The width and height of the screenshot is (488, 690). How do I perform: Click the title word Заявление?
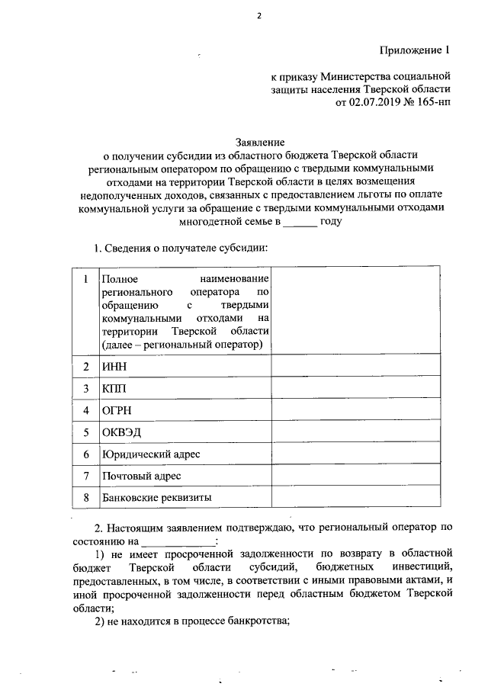click(x=260, y=142)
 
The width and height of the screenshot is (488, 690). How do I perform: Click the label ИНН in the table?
click(x=114, y=367)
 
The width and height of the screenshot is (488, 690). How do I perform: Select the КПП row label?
click(x=114, y=389)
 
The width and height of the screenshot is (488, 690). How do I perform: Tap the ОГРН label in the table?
click(x=117, y=411)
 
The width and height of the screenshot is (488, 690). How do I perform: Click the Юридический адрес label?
click(x=150, y=454)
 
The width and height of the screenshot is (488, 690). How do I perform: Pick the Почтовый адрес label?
click(x=141, y=477)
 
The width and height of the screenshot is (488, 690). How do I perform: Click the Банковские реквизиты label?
click(x=156, y=498)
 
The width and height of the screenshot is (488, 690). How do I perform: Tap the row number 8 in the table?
click(x=86, y=498)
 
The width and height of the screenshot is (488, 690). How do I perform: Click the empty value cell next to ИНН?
click(x=355, y=367)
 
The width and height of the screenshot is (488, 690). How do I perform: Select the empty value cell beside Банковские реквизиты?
click(x=355, y=498)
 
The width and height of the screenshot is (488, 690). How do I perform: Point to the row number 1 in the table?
click(x=86, y=280)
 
